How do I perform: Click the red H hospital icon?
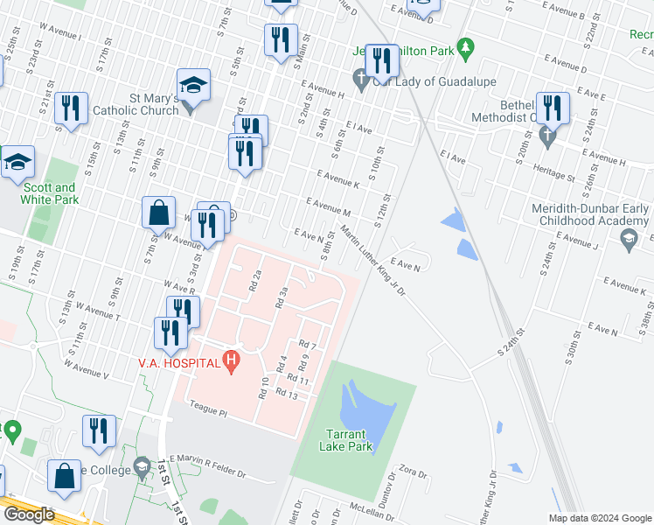(x=231, y=359)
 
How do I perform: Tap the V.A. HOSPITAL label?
(x=179, y=363)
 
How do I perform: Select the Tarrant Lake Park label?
(x=350, y=440)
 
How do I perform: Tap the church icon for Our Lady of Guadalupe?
(x=360, y=80)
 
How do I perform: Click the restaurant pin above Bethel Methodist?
(x=552, y=108)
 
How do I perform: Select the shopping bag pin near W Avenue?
(x=159, y=213)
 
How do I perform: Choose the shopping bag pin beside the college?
(x=65, y=476)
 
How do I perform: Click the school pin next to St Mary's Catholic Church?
(x=193, y=85)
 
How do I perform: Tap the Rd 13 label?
(x=287, y=393)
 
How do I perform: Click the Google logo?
(x=29, y=514)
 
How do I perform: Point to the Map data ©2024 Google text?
(x=599, y=518)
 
